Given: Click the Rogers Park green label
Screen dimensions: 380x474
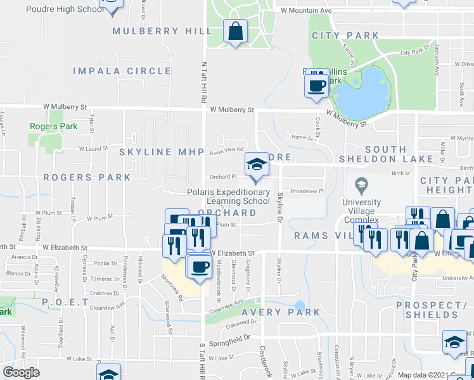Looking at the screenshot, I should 54,126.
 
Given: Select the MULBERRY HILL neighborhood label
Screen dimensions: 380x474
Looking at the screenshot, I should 162,31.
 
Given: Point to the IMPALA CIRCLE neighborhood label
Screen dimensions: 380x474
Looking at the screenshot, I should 122,71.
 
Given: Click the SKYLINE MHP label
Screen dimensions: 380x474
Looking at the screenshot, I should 162,152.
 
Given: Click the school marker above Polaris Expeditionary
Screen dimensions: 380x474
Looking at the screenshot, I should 256,166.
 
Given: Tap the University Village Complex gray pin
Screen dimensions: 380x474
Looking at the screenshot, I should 361,186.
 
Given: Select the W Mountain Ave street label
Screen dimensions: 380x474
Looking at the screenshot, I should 306,11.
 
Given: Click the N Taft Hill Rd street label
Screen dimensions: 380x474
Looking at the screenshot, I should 204,82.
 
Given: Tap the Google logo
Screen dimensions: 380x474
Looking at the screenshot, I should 21,372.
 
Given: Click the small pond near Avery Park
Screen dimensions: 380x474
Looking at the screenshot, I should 299,306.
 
